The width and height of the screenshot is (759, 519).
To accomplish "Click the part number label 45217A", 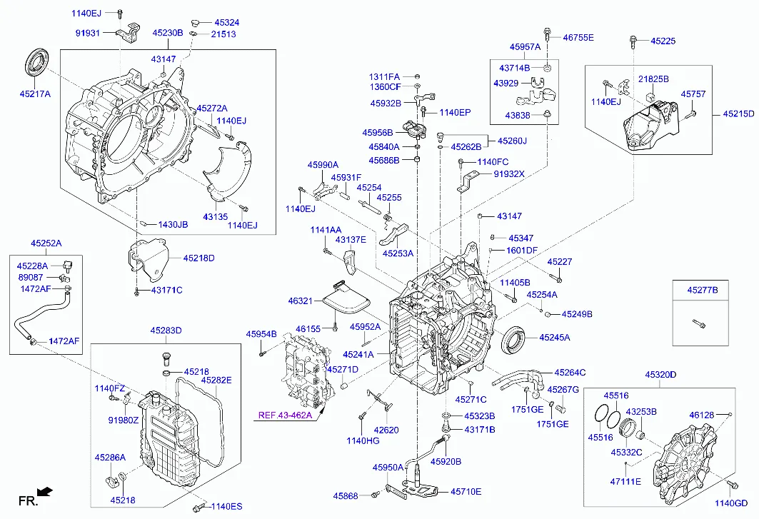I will click(x=35, y=94).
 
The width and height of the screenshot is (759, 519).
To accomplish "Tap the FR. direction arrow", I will click(x=44, y=492).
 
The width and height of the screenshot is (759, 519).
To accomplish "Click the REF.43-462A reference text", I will click(x=284, y=415).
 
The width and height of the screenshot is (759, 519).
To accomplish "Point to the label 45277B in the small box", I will click(x=703, y=291).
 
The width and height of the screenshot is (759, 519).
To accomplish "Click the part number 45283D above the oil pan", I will click(x=166, y=331).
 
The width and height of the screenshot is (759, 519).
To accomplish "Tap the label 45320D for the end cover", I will click(x=660, y=375).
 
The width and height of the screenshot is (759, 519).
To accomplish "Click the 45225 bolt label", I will click(x=663, y=41).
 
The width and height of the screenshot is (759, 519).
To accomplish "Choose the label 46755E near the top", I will click(x=578, y=37).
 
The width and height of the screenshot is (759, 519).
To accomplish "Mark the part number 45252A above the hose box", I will click(x=46, y=243).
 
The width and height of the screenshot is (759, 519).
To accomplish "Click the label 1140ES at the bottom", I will click(x=226, y=507).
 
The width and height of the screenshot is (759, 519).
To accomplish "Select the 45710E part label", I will click(x=466, y=492).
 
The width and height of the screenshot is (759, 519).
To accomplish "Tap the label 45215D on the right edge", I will click(x=738, y=114).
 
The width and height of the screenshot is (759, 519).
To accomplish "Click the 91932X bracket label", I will click(x=509, y=174).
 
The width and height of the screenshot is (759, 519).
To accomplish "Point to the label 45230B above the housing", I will click(x=168, y=33).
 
